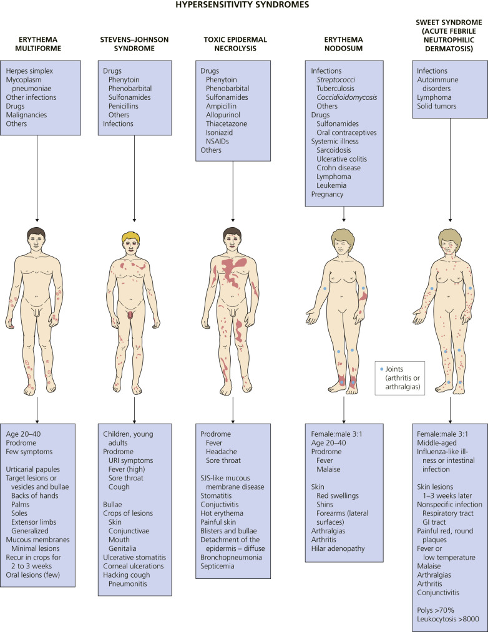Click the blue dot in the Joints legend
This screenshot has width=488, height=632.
[x=382, y=369]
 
